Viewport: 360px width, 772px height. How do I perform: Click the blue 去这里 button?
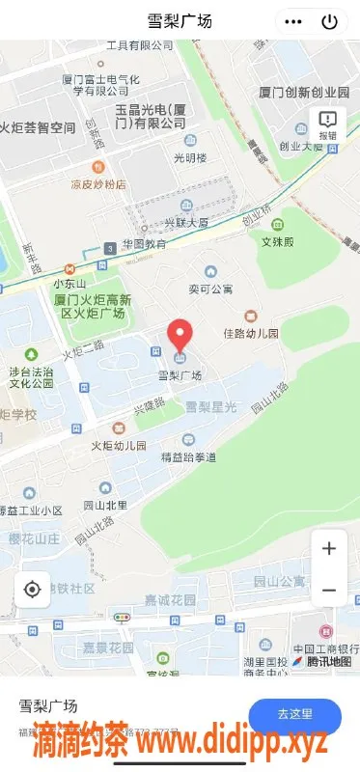point(295,714)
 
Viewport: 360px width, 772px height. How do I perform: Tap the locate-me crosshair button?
point(32,589)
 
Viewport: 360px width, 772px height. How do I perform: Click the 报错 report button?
point(328,124)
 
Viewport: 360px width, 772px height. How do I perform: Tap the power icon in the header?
point(330,21)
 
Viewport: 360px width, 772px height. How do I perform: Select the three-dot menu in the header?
point(294,21)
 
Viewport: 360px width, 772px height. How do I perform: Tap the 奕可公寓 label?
point(210,288)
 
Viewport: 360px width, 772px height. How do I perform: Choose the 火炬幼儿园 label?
point(119,446)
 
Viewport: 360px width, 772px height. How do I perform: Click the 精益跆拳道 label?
point(190,456)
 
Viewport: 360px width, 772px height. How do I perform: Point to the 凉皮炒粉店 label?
point(97,183)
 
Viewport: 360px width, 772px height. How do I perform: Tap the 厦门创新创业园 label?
point(304,93)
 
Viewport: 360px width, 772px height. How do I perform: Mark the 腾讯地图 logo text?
point(328,662)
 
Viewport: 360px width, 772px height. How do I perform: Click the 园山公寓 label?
point(279,581)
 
